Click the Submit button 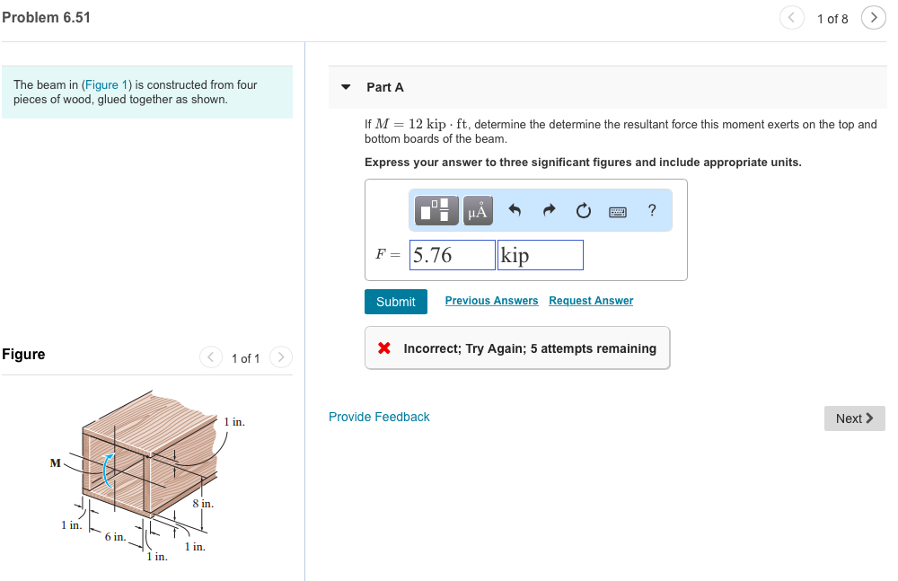point(395,302)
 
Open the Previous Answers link point(491,301)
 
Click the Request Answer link point(591,301)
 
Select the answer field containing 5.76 point(453,255)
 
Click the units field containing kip point(540,255)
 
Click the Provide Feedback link point(379,417)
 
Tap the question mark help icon point(652,211)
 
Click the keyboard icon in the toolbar point(618,212)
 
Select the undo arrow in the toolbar point(515,211)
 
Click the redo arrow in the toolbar point(549,211)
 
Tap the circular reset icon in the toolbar point(584,211)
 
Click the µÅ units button point(478,211)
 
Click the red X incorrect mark point(384,348)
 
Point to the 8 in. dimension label point(203,504)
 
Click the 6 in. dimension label point(114,536)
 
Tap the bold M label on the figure point(56,463)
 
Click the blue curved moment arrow point(106,471)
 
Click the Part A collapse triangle point(346,87)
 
